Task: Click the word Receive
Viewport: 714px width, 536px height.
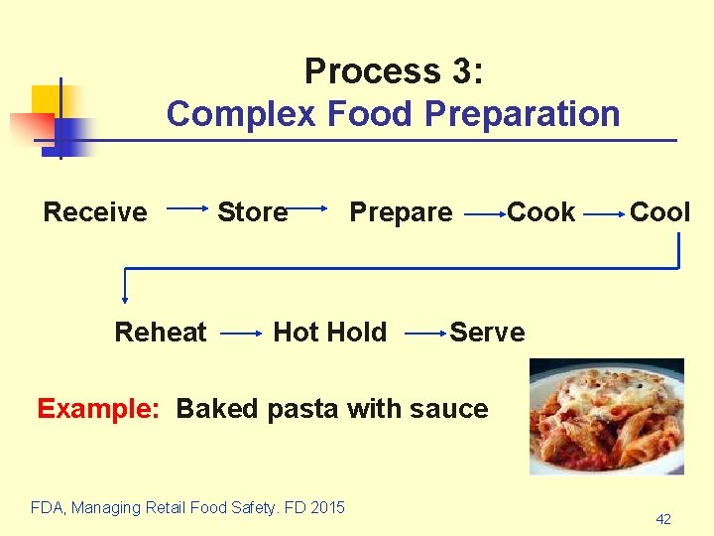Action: click(x=95, y=212)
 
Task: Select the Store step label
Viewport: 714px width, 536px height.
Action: click(x=252, y=212)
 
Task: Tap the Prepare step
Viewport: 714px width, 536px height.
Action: click(x=401, y=212)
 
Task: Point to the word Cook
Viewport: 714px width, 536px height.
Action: click(x=541, y=212)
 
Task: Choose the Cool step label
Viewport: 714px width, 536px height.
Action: click(x=660, y=212)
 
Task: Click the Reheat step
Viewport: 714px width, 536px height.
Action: click(x=161, y=333)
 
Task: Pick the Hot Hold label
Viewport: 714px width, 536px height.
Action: click(x=329, y=333)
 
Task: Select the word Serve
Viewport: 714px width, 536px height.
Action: click(x=487, y=333)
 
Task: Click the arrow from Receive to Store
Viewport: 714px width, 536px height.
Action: click(x=188, y=209)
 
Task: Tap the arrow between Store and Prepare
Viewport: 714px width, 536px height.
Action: click(x=308, y=209)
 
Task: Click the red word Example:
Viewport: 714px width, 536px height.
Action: click(x=97, y=409)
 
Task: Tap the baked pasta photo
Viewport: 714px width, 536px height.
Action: click(x=606, y=416)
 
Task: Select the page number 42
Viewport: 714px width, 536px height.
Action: click(x=662, y=519)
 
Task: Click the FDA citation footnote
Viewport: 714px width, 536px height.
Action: click(x=188, y=508)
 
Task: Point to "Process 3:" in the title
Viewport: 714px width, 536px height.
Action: click(x=394, y=71)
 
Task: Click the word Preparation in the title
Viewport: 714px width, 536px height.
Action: click(x=522, y=114)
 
